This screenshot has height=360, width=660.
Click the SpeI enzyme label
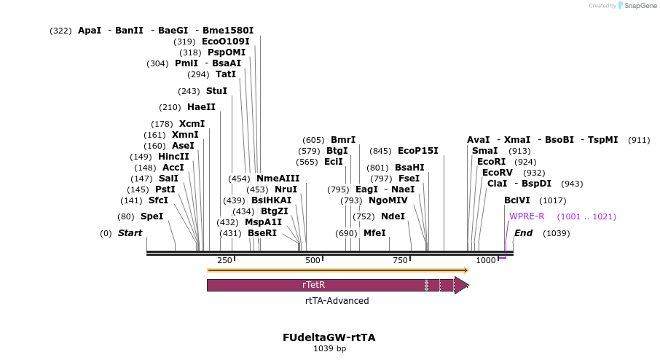(x=152, y=216)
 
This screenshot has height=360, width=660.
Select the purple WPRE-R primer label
(x=527, y=216)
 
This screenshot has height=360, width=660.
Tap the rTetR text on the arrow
(x=313, y=285)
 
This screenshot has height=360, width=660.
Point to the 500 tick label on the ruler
(x=313, y=261)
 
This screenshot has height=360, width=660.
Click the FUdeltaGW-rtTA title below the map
(x=329, y=337)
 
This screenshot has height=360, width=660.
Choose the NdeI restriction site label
(x=393, y=216)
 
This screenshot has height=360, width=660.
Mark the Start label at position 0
(x=130, y=233)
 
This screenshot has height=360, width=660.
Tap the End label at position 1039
(x=524, y=233)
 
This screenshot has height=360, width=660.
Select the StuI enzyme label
(x=216, y=91)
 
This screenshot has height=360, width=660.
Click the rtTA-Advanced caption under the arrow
(x=337, y=301)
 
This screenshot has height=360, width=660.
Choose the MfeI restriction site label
(x=374, y=233)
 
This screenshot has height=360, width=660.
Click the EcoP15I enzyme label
(x=418, y=151)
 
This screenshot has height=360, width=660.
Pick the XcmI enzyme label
(x=192, y=124)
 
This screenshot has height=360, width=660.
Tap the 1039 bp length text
(x=329, y=349)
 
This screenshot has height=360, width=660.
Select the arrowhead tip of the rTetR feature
(x=468, y=285)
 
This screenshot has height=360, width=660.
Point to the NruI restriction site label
(x=286, y=189)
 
